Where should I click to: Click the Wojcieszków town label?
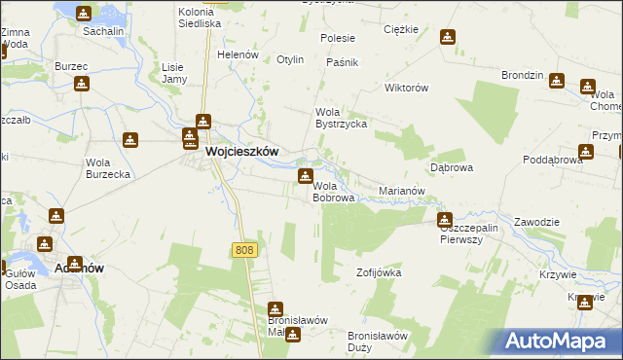tap(242, 152)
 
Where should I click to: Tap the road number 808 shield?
tap(245, 250)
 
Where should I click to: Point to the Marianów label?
tap(402, 191)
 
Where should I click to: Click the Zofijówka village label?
tap(379, 272)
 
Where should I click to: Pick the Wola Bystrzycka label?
tap(339, 118)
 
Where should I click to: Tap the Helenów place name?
tap(237, 54)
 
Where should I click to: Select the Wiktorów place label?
tap(407, 88)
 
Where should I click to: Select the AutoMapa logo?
tap(561, 341)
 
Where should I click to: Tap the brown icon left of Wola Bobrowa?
tap(304, 176)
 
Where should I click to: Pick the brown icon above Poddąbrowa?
tap(585, 151)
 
